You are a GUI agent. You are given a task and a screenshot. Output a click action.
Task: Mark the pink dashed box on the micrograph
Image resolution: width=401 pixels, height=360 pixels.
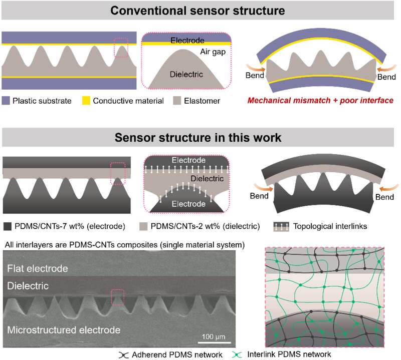click(117, 297)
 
